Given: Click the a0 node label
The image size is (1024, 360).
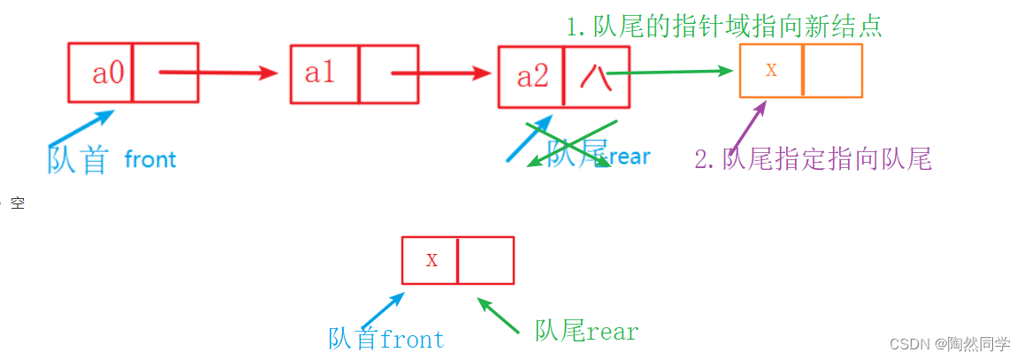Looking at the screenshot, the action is coord(109,73).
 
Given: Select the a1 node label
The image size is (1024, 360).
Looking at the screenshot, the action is coord(320,73).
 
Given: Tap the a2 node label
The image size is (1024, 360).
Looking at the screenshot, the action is coord(532,77).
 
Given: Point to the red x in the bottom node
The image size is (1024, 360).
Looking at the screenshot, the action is coord(432,260).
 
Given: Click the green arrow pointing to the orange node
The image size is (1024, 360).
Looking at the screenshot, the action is coord(672,73).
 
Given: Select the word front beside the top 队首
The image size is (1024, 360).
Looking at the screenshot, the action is coord(150,160).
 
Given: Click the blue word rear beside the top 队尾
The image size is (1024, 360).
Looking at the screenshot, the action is coord(630,157).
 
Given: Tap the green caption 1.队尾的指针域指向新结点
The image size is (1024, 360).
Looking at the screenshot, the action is coord(724,26).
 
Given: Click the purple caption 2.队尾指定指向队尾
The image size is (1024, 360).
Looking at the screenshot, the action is coord(813,160).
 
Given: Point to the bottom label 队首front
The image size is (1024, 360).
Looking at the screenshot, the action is coord(386,339).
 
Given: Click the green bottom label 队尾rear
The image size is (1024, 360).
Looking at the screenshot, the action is coord(586,332).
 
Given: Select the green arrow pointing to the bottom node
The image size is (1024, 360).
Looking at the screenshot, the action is coord(498,315).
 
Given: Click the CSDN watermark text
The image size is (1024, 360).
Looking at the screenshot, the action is coord(949,344).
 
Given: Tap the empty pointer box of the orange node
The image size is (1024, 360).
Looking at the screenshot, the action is coord(832,71).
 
